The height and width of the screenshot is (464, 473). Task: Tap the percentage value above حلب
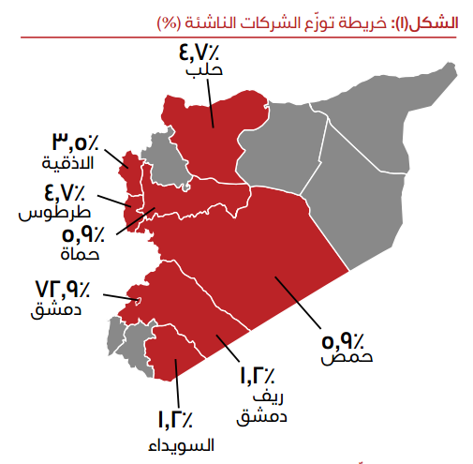[x=199, y=50]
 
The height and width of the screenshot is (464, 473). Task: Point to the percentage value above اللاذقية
[x=73, y=143]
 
